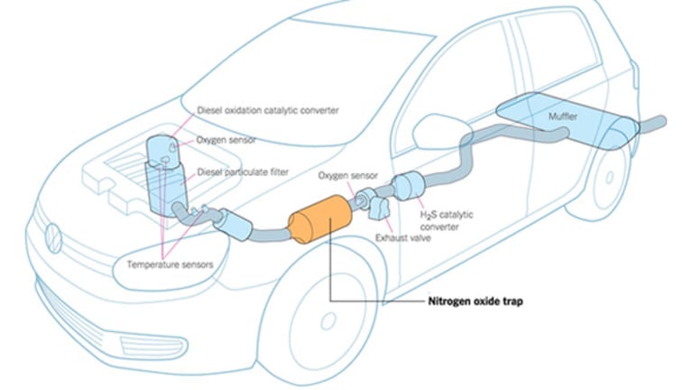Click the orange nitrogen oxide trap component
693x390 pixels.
[x=318, y=220]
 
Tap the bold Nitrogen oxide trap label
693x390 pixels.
[x=475, y=302]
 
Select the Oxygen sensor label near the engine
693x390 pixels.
[x=227, y=140]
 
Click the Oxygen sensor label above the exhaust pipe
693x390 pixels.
[x=346, y=175]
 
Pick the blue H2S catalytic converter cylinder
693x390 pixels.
[x=411, y=187]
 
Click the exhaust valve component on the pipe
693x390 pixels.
[x=376, y=205]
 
